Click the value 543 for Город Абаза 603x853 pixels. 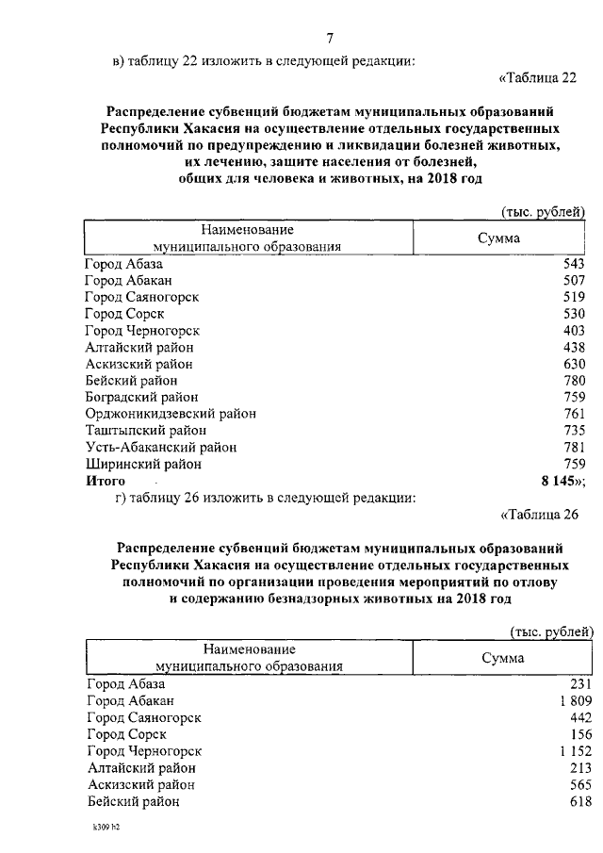coord(574,264)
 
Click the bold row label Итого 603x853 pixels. coord(105,481)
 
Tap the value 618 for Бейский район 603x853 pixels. coord(578,801)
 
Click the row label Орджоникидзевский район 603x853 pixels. coord(170,414)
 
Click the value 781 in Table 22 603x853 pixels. coord(574,447)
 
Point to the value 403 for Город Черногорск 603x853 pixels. coord(574,331)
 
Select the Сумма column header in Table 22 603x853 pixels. coord(498,238)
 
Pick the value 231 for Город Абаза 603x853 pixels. coord(578,683)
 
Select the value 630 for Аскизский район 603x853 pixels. coord(574,364)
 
